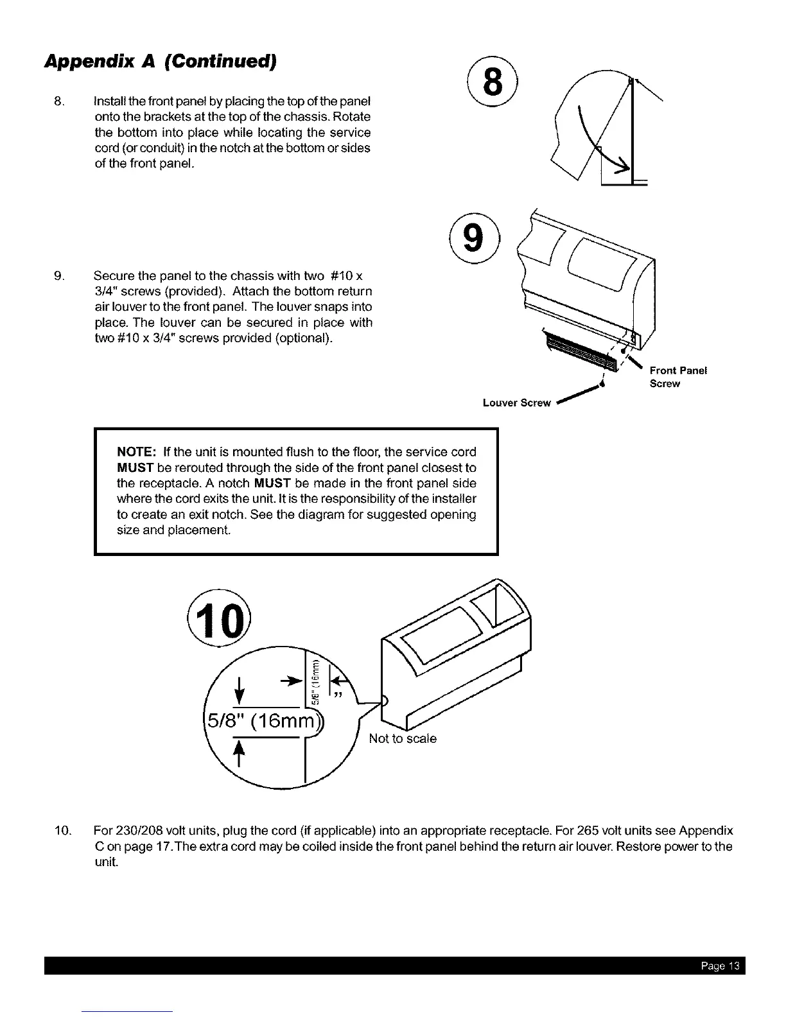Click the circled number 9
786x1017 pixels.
click(x=473, y=236)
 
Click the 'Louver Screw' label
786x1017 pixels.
click(x=516, y=403)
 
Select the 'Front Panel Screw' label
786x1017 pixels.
click(x=677, y=377)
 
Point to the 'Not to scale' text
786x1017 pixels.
click(x=403, y=739)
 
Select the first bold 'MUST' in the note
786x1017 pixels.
click(x=132, y=467)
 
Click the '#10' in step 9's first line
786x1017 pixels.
click(x=342, y=276)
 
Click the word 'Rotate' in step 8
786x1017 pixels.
click(x=353, y=117)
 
